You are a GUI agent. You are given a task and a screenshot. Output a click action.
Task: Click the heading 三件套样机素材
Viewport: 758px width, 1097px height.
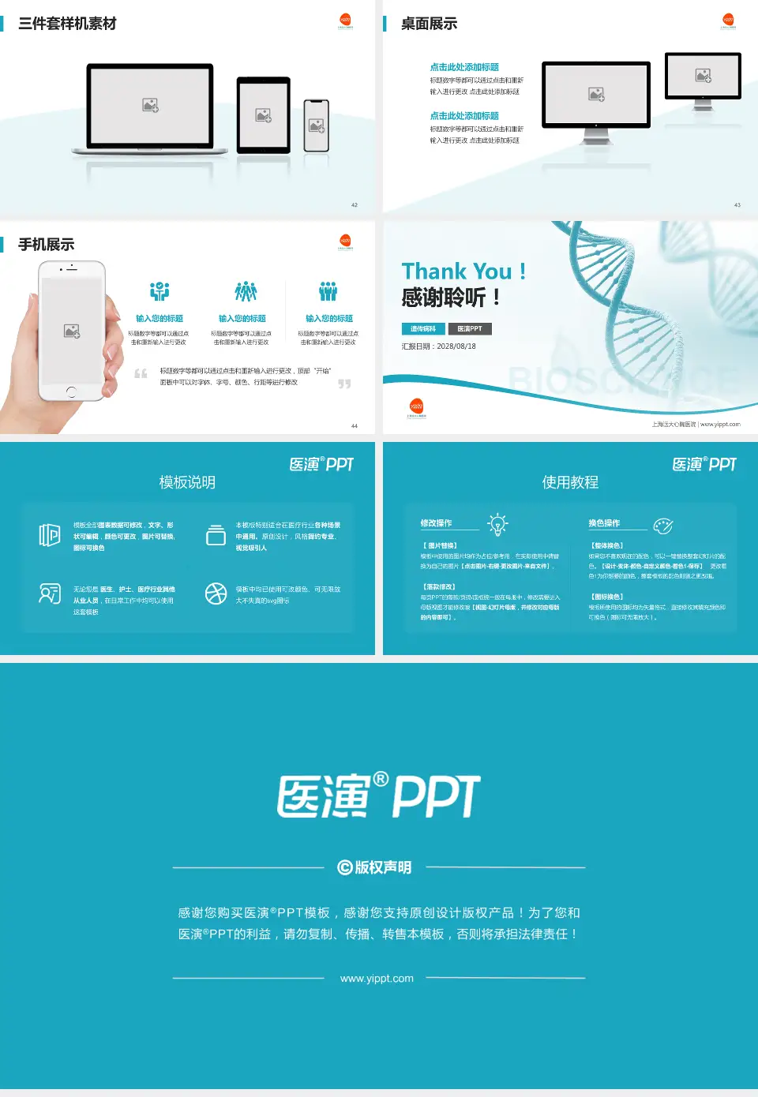coord(67,24)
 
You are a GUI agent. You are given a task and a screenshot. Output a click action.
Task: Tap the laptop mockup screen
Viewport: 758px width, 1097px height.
coord(150,105)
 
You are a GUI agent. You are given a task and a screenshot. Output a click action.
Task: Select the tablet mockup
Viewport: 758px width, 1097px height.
coord(264,115)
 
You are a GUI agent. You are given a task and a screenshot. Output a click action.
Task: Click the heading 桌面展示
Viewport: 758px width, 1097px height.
coord(429,24)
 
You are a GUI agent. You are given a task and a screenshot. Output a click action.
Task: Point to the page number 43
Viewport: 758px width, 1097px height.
coord(737,205)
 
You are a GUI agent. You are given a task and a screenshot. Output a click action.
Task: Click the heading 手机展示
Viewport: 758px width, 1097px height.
coord(46,245)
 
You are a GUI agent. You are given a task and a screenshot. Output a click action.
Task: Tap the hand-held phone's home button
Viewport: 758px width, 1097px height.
coord(71,391)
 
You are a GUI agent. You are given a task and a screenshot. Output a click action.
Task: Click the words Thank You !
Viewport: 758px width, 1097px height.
coord(463,271)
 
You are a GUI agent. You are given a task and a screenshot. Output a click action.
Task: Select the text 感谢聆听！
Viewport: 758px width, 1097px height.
coord(451,298)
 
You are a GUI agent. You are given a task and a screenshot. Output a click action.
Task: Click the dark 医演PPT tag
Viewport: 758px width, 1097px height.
coord(470,329)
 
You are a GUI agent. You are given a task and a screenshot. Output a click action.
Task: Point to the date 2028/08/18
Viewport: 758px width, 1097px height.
coord(456,346)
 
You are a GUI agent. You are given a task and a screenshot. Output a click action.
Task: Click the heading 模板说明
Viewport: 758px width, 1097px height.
coord(187,482)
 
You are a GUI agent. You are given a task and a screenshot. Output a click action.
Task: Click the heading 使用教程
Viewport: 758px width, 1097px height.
coord(570,482)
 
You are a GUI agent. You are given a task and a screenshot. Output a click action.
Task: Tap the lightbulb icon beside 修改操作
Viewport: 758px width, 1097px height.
coord(497,524)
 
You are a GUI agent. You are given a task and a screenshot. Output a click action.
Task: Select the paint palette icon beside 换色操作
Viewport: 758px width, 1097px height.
coord(663,526)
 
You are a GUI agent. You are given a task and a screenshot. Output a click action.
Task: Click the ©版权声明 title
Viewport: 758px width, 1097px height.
coord(375,867)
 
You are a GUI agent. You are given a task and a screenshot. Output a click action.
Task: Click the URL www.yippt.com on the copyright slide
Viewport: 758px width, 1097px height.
coord(377,979)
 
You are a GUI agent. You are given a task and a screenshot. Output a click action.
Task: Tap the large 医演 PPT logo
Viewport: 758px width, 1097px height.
coord(378,796)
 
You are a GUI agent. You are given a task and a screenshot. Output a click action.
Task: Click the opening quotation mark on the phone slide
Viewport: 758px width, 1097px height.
coord(141,373)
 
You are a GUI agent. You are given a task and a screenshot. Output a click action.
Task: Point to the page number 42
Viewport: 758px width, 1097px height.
coord(355,205)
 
